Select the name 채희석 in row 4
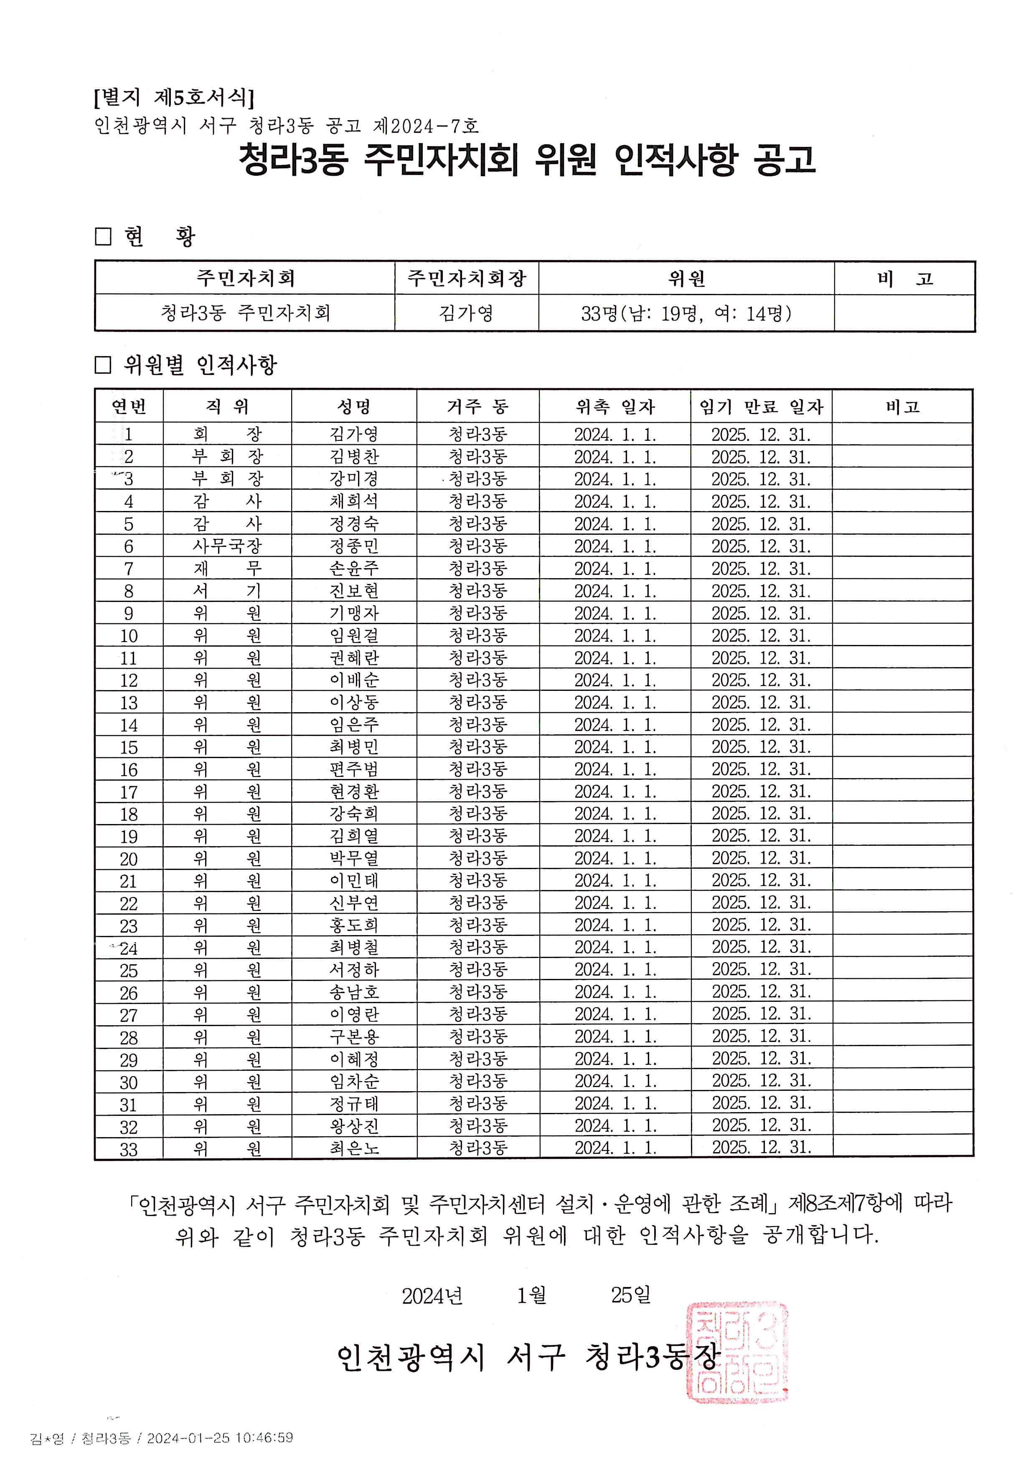pyautogui.click(x=354, y=501)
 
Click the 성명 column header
pyautogui.click(x=354, y=406)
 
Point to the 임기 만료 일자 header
pyautogui.click(x=761, y=406)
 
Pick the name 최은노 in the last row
pyautogui.click(x=354, y=1148)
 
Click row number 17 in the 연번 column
pyautogui.click(x=129, y=792)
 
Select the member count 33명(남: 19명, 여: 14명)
pyautogui.click(x=686, y=313)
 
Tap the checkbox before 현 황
pyautogui.click(x=103, y=237)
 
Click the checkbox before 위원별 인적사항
pyautogui.click(x=103, y=365)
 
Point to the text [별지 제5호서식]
pyautogui.click(x=173, y=97)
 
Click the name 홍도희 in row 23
pyautogui.click(x=354, y=925)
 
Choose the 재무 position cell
pyautogui.click(x=227, y=568)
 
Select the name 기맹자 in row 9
pyautogui.click(x=354, y=613)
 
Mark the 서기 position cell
pyautogui.click(x=227, y=591)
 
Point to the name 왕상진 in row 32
pyautogui.click(x=354, y=1126)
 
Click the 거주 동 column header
pyautogui.click(x=478, y=406)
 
